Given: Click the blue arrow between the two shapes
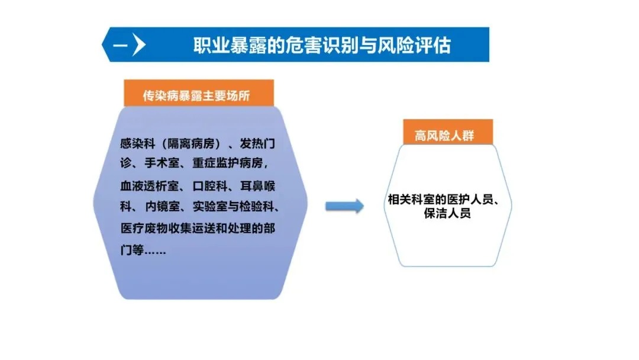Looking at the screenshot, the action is pyautogui.click(x=344, y=205).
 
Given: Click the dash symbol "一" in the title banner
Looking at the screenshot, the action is pyautogui.click(x=120, y=45).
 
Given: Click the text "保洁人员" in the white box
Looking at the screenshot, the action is pyautogui.click(x=447, y=214).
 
